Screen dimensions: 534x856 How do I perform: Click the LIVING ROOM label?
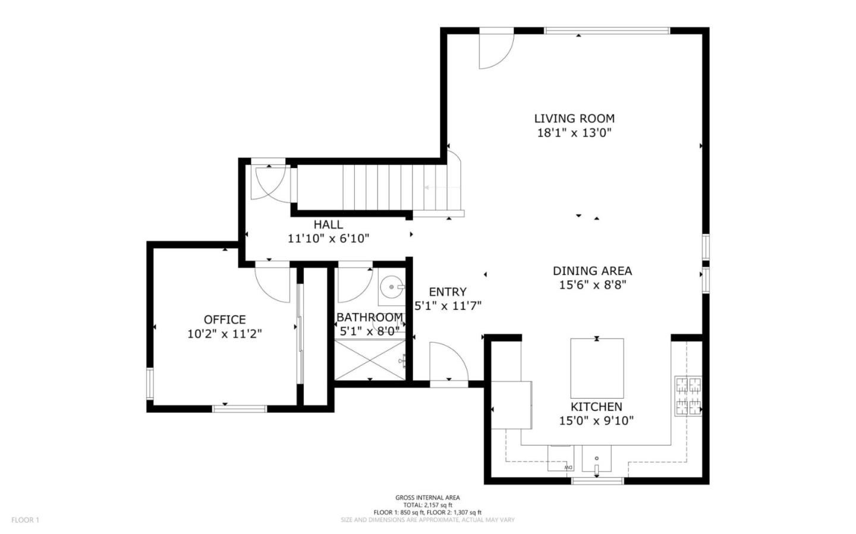[574, 119]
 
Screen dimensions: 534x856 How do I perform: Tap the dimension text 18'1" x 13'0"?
[574, 133]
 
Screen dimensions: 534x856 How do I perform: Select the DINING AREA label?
[592, 271]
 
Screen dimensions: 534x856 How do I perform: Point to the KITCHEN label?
[596, 407]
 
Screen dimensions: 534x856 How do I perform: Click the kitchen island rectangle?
[597, 368]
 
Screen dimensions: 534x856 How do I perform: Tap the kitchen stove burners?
[688, 396]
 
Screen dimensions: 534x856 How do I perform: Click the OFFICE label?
[224, 320]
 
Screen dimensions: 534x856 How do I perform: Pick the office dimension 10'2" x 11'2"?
[224, 334]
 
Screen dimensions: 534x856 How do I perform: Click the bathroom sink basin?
[392, 288]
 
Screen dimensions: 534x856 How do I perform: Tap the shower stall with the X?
[370, 359]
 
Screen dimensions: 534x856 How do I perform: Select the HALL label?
[328, 225]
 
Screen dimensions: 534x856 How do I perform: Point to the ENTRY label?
[448, 292]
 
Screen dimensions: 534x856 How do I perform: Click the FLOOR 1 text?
[25, 520]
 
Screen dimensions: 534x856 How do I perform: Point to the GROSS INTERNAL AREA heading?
[427, 498]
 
